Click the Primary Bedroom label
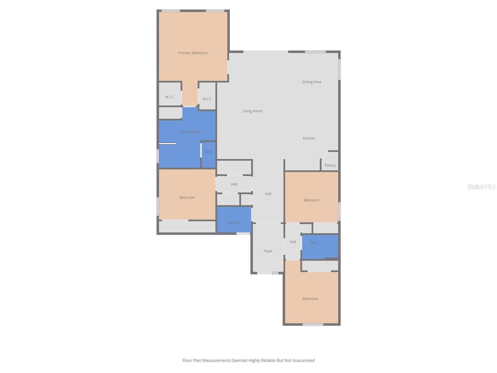(x=193, y=53)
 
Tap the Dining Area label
(x=311, y=82)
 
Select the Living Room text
(x=252, y=111)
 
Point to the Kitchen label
(x=309, y=138)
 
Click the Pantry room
(x=330, y=165)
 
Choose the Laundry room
(x=234, y=223)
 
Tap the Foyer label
(x=268, y=251)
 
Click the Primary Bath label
(x=190, y=132)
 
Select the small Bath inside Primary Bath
(x=208, y=152)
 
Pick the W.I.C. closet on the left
(x=170, y=97)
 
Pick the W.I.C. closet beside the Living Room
(x=207, y=99)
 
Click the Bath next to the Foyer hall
(x=314, y=242)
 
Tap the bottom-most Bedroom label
(x=310, y=299)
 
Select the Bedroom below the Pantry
(x=311, y=200)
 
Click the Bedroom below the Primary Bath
(x=187, y=198)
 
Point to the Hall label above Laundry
(x=234, y=184)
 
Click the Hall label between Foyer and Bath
(x=293, y=242)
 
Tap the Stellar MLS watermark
(x=481, y=187)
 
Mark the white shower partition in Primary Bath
(x=168, y=144)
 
